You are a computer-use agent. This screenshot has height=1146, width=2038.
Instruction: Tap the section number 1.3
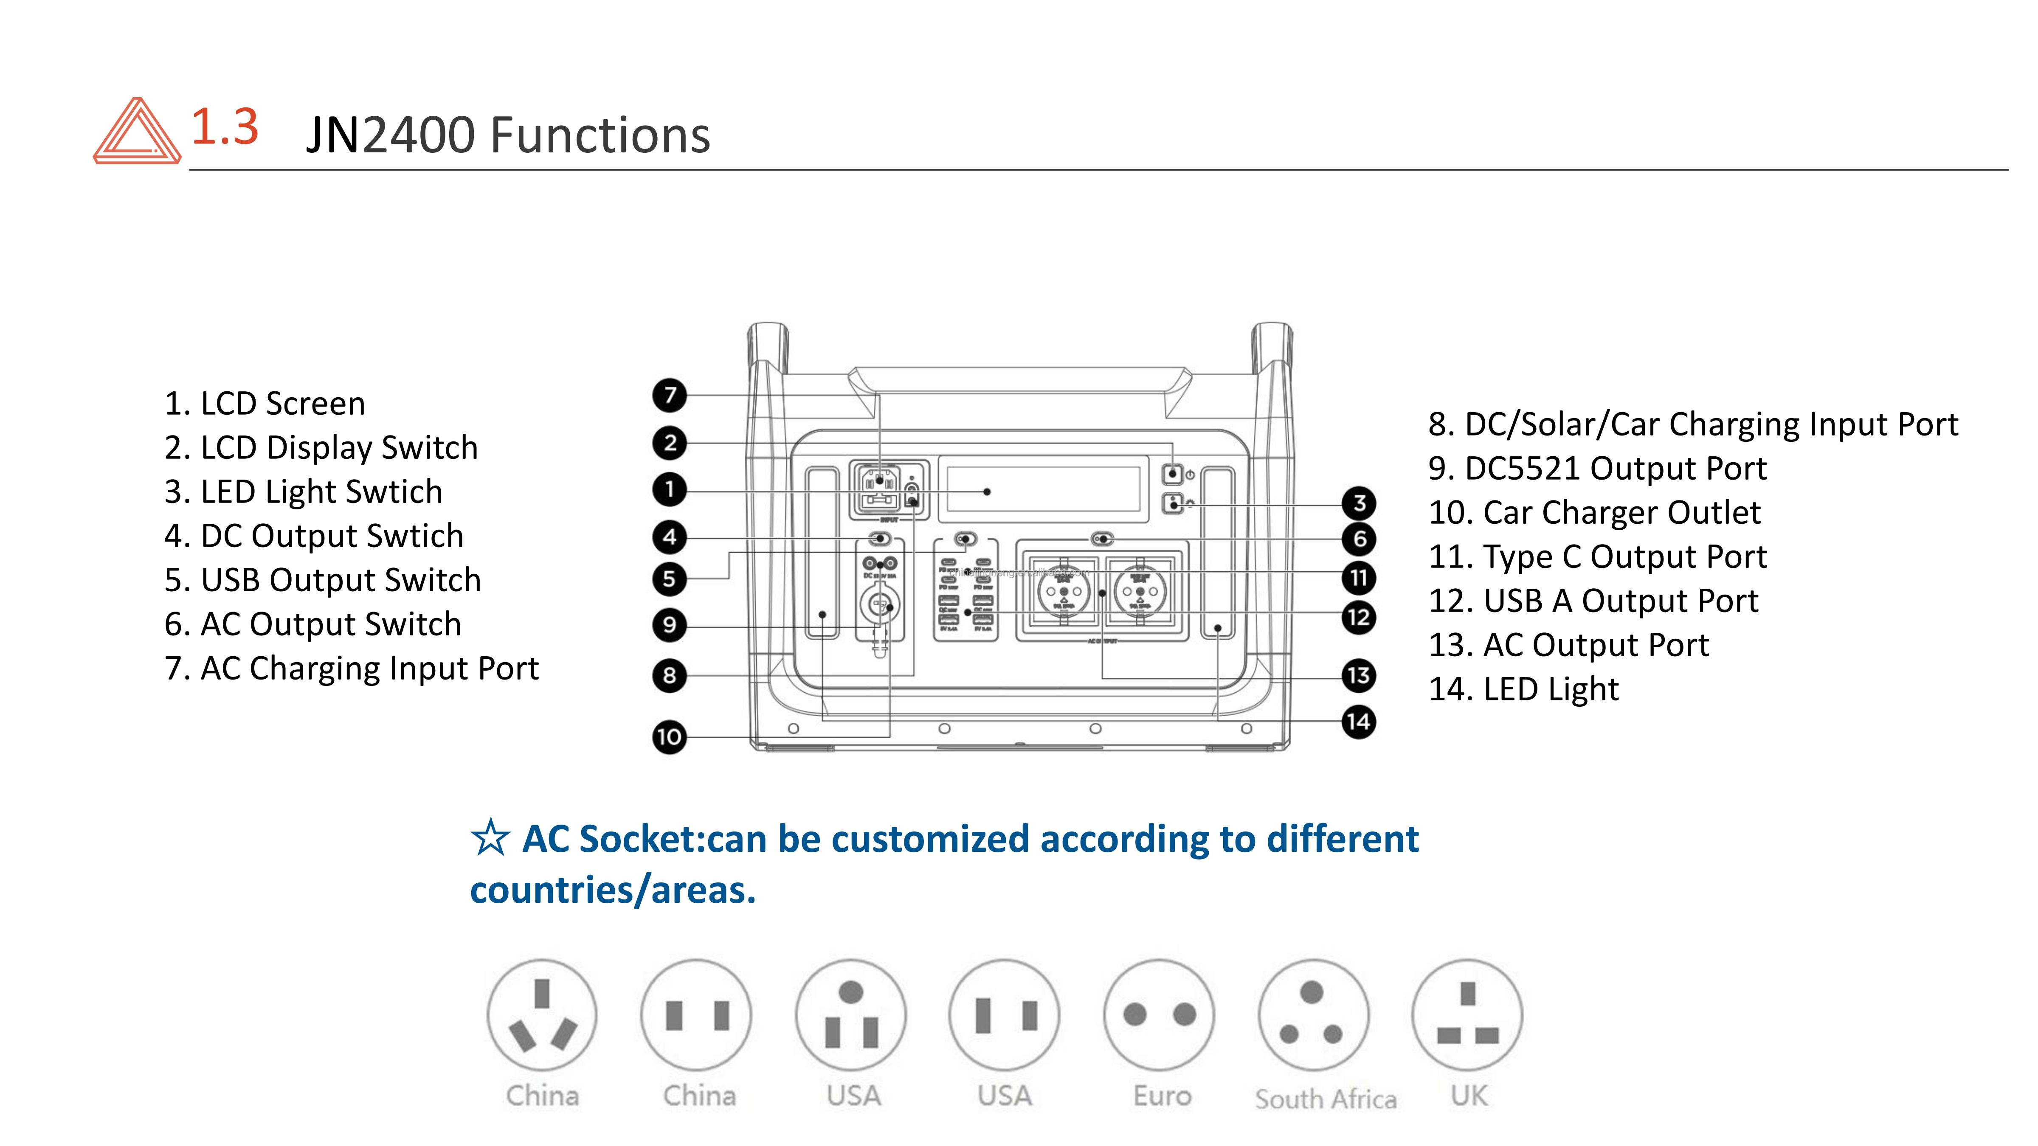click(225, 126)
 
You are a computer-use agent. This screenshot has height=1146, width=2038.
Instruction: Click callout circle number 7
click(669, 395)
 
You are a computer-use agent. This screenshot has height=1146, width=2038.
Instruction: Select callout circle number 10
click(669, 737)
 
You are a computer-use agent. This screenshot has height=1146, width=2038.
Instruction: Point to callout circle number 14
click(1358, 721)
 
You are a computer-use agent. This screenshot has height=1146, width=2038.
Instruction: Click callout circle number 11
click(1358, 577)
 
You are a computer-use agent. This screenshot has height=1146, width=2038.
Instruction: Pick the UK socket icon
click(1467, 1015)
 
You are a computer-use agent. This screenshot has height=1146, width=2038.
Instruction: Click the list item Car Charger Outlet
click(1594, 512)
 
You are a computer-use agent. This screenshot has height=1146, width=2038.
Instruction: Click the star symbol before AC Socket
click(490, 838)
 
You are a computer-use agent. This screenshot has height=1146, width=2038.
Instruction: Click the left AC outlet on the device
click(1063, 592)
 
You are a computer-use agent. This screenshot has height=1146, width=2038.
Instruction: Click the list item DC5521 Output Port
click(1597, 468)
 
